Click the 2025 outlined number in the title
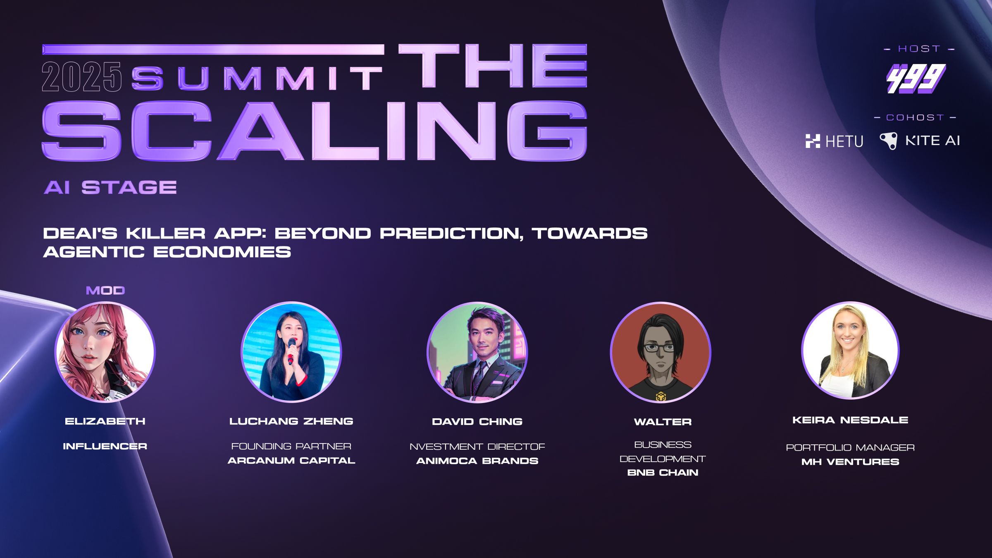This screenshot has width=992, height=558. coord(81,76)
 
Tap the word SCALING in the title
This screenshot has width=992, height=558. coord(314,131)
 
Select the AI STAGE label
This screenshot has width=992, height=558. coord(110,187)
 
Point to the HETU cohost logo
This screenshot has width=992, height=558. coord(834,141)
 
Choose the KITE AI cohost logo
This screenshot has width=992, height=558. coord(920,141)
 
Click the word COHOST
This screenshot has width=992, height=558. coord(915,117)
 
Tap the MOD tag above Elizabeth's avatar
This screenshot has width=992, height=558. coord(105,291)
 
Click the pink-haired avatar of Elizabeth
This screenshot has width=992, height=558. coord(105,352)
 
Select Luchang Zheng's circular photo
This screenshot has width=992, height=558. coord(291,352)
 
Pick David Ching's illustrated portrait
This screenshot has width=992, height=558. coord(477,352)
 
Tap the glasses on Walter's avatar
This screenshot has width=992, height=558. coord(661,348)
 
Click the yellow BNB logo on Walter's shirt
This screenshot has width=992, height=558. coord(661,396)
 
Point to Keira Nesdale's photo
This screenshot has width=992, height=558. coord(850,351)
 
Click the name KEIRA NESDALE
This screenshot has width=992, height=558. coord(850,420)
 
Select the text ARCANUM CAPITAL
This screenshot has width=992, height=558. coord(291,460)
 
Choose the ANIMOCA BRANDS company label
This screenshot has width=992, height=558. coord(477,461)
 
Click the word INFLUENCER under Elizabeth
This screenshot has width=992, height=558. coord(105,446)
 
